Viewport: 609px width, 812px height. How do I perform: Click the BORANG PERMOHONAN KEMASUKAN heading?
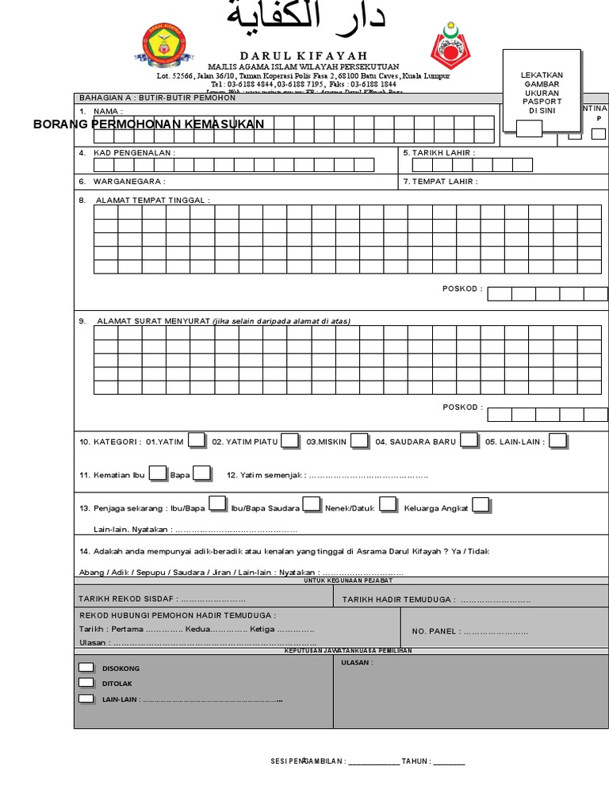tap(149, 124)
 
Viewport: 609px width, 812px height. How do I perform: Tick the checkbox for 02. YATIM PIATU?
tap(289, 440)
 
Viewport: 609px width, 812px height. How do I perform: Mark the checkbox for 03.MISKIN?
tap(359, 440)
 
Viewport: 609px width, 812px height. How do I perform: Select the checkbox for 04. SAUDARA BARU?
tap(469, 440)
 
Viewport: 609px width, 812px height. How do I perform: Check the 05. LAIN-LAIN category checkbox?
tap(558, 440)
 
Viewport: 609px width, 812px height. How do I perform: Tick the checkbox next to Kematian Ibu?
tap(158, 473)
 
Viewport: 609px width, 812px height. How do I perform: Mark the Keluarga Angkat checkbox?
tap(481, 505)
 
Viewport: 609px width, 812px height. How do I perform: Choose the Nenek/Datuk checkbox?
tap(388, 504)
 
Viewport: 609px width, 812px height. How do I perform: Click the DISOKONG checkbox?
tap(86, 668)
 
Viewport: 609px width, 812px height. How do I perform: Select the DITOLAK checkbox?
tap(86, 682)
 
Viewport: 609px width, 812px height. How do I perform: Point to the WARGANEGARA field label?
tap(129, 182)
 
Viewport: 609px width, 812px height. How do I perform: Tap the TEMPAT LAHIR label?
tap(443, 182)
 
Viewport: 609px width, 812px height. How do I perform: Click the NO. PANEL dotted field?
tap(496, 632)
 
